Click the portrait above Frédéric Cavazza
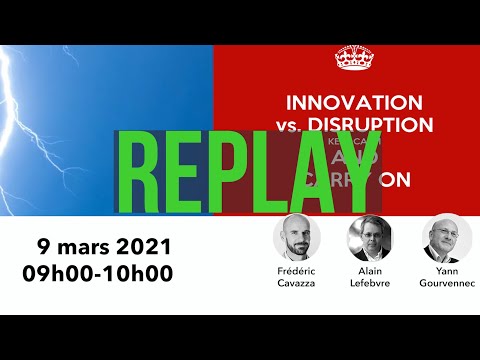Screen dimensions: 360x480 296,239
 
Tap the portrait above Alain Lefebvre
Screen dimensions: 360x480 371,239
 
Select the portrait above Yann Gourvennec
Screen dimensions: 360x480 447,239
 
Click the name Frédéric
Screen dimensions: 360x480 296,273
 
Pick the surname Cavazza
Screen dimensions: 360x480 296,285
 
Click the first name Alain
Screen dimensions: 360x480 371,273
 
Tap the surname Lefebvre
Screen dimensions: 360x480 371,285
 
